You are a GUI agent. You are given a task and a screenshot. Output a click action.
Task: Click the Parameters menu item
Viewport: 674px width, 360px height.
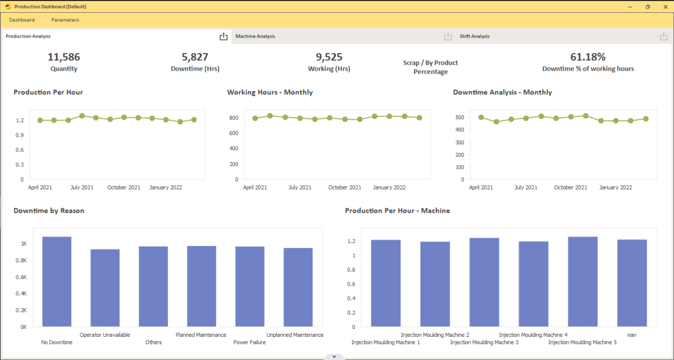(65, 20)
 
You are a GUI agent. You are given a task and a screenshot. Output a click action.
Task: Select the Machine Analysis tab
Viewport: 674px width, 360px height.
(255, 37)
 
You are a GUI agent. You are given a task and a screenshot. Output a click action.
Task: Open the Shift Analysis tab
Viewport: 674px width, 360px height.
(474, 37)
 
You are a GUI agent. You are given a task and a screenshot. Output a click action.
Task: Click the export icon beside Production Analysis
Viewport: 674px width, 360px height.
(223, 37)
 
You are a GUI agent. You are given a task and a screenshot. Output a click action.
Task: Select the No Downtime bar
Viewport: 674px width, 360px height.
(57, 281)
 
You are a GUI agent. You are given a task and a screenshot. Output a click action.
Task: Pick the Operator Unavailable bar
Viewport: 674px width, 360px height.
(105, 288)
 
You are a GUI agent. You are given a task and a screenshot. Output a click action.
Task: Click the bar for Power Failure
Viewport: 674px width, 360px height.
(250, 286)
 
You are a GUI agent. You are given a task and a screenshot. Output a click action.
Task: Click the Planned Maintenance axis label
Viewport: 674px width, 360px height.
(201, 335)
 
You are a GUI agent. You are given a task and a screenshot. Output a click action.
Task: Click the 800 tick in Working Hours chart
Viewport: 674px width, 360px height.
(233, 118)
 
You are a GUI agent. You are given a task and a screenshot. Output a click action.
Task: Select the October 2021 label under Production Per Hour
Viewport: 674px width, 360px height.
(124, 188)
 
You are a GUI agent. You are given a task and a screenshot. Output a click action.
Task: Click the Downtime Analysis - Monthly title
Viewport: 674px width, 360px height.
(502, 93)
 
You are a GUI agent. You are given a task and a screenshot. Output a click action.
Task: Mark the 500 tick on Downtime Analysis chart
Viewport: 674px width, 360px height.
(460, 117)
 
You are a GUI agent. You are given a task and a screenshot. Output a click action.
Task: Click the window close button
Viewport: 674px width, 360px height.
(664, 7)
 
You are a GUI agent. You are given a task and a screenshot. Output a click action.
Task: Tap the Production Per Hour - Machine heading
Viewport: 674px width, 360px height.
(397, 211)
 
